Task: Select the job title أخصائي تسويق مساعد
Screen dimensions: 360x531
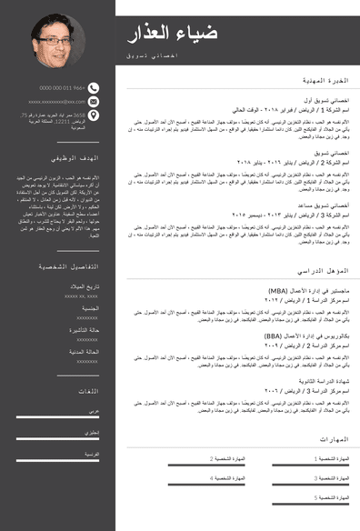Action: (322, 205)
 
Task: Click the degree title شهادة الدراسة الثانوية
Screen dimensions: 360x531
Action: (319, 381)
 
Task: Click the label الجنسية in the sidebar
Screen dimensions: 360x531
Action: (89, 308)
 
